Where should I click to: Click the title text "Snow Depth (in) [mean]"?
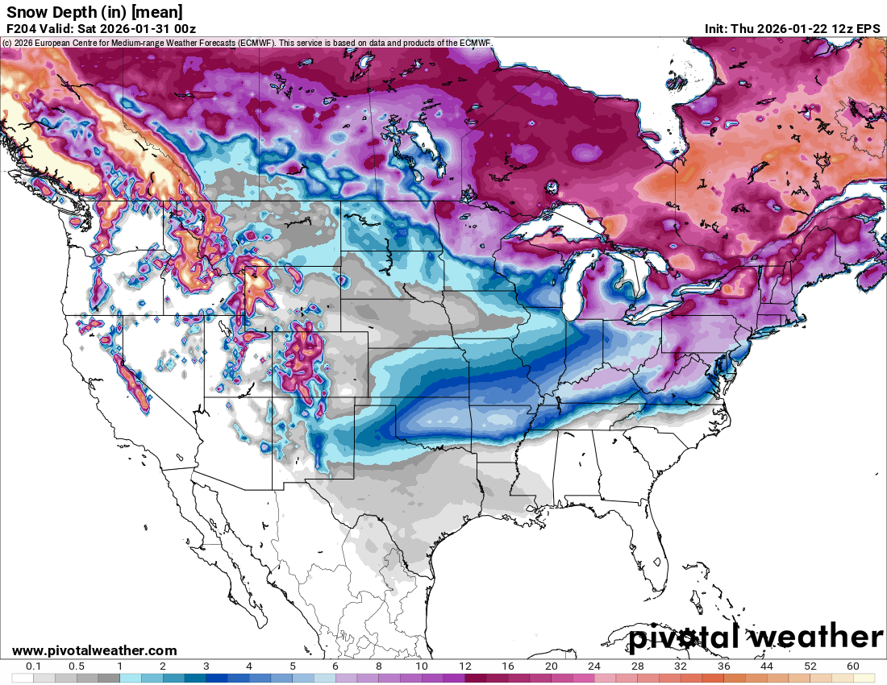point(94,12)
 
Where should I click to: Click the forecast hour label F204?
point(22,29)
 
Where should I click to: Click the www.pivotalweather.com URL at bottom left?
point(94,650)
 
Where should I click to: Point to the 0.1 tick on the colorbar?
point(34,666)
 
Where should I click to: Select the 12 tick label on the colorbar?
point(465,666)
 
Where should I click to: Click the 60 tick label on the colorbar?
point(853,666)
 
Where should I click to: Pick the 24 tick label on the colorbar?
point(594,666)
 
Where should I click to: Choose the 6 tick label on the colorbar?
point(335,666)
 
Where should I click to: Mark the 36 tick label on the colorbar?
point(724,666)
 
